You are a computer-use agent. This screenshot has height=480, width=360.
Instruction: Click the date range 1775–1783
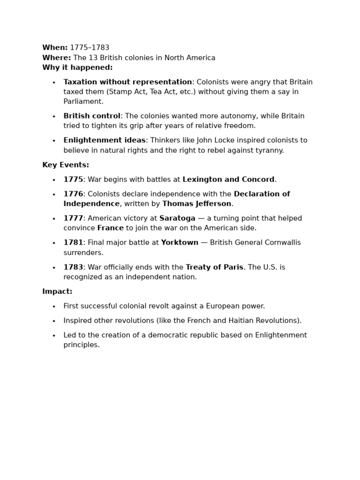(90, 48)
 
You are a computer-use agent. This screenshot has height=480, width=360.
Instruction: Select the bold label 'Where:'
(56, 58)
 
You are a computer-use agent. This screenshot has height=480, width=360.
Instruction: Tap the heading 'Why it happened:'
(77, 67)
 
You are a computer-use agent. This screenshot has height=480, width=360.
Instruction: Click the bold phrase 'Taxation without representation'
(127, 82)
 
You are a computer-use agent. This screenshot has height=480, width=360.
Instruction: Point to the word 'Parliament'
(82, 102)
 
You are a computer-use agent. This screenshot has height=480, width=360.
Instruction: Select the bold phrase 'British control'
(92, 116)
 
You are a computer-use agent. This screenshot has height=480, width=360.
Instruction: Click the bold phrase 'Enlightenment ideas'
(105, 140)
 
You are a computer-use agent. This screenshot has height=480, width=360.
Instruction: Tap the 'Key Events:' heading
(66, 165)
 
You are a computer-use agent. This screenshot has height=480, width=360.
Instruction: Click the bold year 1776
(73, 194)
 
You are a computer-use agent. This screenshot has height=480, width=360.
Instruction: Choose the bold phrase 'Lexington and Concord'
(228, 180)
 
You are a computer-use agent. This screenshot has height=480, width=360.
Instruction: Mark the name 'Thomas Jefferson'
(197, 204)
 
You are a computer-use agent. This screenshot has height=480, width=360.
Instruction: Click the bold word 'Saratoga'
(177, 218)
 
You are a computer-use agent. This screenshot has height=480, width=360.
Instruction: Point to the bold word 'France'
(111, 228)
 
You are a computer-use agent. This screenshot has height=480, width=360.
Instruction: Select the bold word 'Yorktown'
(180, 243)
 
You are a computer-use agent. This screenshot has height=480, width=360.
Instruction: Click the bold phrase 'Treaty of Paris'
(214, 267)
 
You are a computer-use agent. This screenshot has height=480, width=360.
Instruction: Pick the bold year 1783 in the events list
(73, 267)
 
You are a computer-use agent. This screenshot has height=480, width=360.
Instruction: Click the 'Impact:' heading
(57, 292)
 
